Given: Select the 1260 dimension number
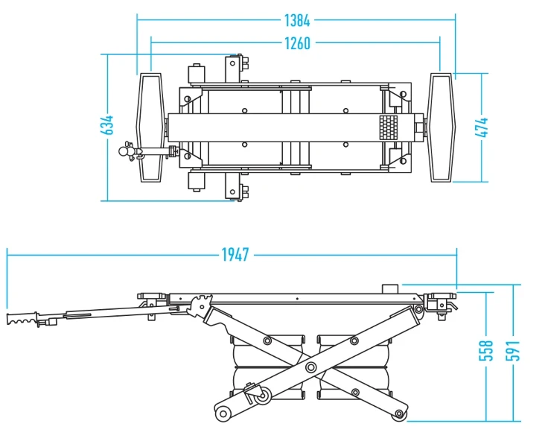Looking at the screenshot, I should coord(297,43).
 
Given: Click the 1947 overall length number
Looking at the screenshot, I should coord(234,255).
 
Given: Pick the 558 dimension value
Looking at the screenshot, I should coord(485,350).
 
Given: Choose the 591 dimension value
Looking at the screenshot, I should coord(514,350).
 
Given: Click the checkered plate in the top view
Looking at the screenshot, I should coord(389,127).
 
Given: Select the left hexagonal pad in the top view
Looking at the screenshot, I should coord(150,127).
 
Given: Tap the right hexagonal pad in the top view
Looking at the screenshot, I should coord(441,127).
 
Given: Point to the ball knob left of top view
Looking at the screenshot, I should coord(124,152).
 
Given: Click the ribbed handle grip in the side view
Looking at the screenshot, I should coord(22,320).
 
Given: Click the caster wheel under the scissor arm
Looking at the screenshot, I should coord(261,399).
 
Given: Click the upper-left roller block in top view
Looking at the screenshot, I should coord(198,74).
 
